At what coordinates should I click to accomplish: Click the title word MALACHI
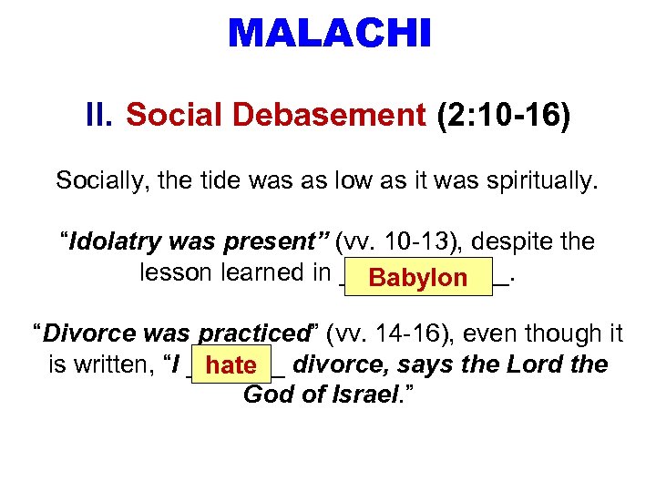(x=329, y=34)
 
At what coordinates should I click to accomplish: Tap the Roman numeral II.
(x=99, y=116)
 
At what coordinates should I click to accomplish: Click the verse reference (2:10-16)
(x=503, y=116)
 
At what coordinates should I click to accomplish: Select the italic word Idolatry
(x=114, y=242)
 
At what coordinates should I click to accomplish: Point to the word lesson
(x=173, y=272)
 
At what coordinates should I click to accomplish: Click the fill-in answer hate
(x=231, y=366)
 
